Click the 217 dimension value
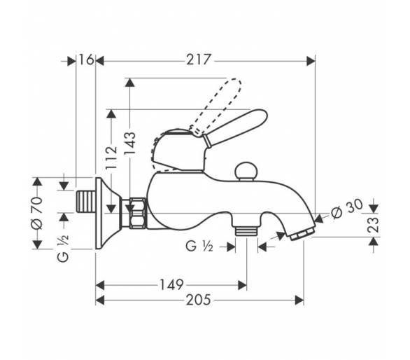[198, 60]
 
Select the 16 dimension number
[86, 60]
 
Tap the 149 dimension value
[171, 284]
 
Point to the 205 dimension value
[198, 300]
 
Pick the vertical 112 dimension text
[111, 158]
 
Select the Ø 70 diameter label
[36, 213]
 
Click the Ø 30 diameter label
[347, 209]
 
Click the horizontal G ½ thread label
[199, 246]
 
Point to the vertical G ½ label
[63, 248]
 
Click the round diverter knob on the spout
[246, 171]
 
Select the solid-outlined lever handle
[235, 127]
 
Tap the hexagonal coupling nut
[137, 213]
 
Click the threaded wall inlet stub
[86, 202]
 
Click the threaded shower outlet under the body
[246, 231]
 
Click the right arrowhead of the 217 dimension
[311, 61]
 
